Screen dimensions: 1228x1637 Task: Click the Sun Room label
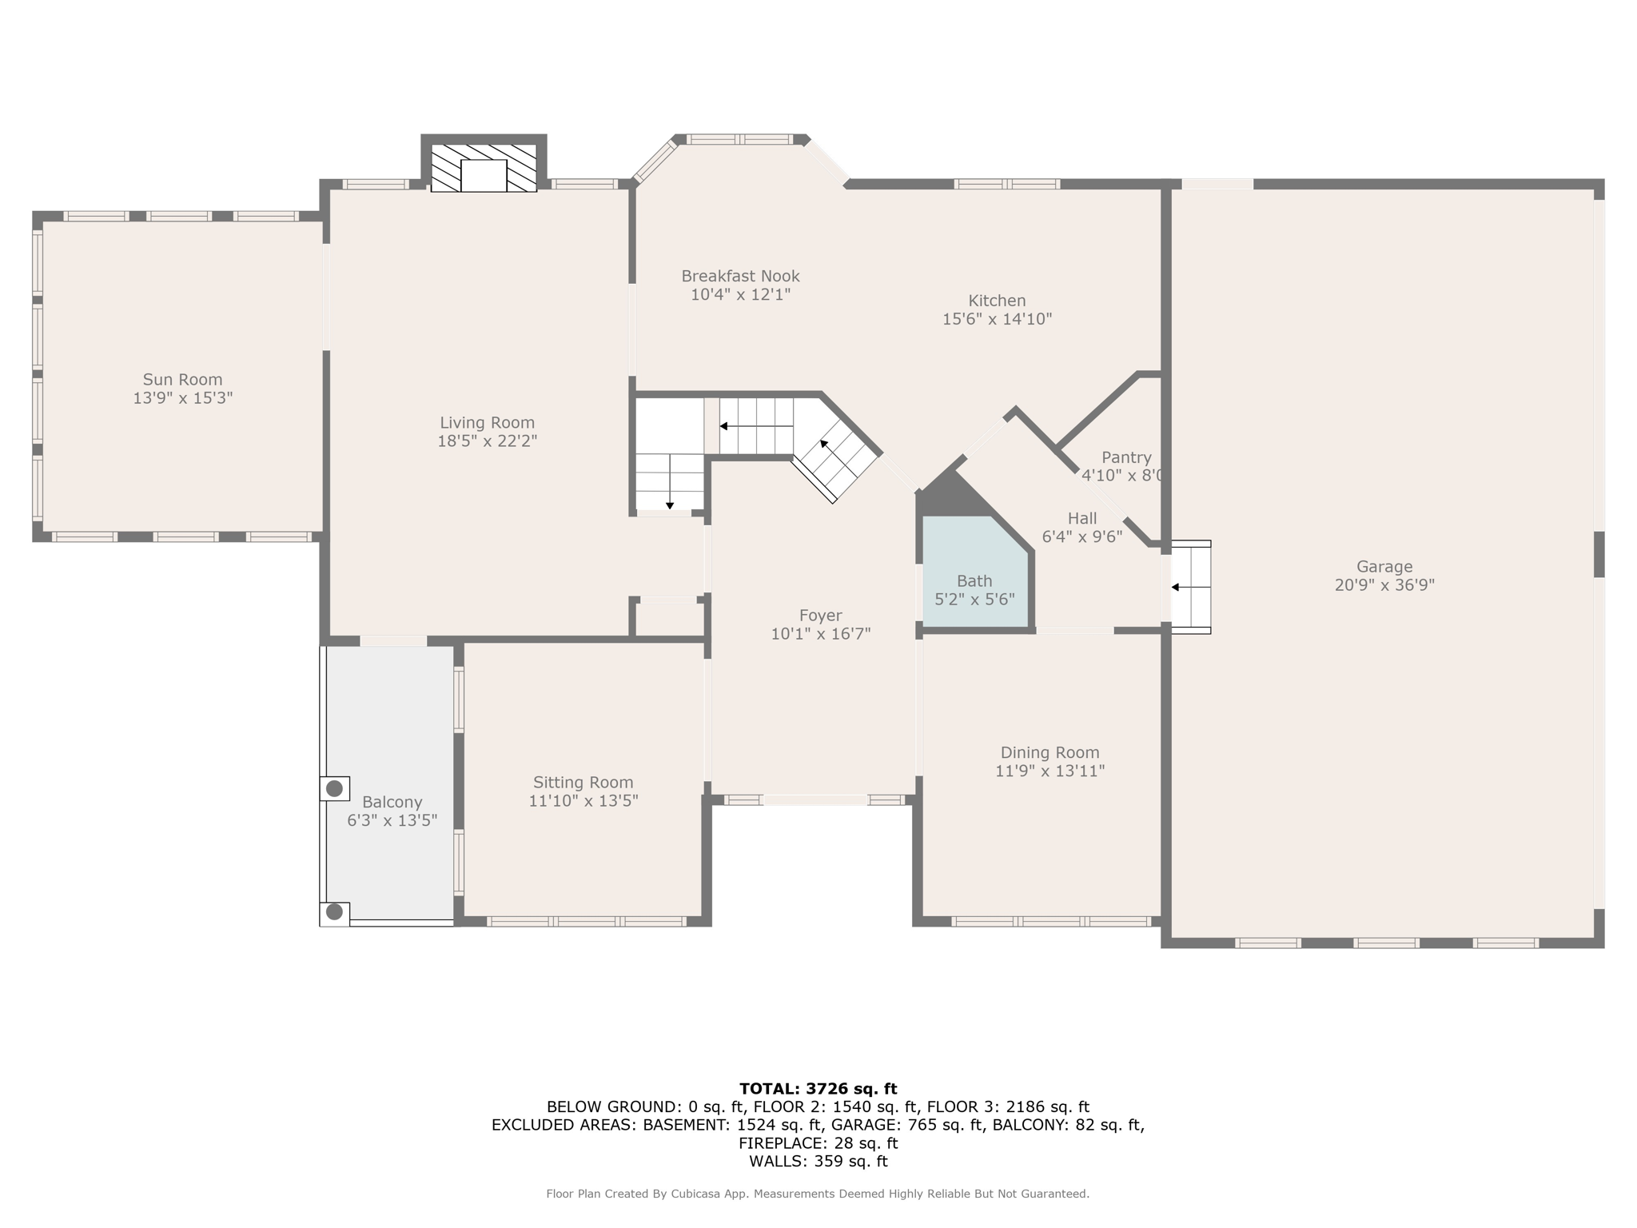(182, 380)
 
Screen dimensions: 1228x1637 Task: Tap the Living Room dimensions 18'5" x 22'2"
(487, 441)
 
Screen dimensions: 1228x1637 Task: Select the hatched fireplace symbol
(484, 168)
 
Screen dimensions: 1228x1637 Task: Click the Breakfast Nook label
(740, 276)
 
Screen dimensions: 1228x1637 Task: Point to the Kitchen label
(997, 301)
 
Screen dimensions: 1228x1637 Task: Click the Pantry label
(1125, 457)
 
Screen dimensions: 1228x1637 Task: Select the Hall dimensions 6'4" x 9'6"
(1082, 537)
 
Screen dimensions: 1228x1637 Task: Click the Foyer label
(820, 616)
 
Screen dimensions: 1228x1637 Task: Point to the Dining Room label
(1050, 752)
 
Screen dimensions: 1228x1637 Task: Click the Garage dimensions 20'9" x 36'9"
(1384, 585)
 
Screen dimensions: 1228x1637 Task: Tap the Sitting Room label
(583, 783)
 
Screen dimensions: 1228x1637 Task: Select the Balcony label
(392, 802)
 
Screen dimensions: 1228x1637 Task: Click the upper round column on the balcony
(335, 789)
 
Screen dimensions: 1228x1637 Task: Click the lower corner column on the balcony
(335, 912)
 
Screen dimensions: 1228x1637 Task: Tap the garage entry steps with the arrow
(1191, 588)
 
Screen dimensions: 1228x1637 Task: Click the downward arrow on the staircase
(670, 504)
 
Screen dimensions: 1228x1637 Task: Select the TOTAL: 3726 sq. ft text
(818, 1089)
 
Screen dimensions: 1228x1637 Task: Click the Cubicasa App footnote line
(818, 1194)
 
